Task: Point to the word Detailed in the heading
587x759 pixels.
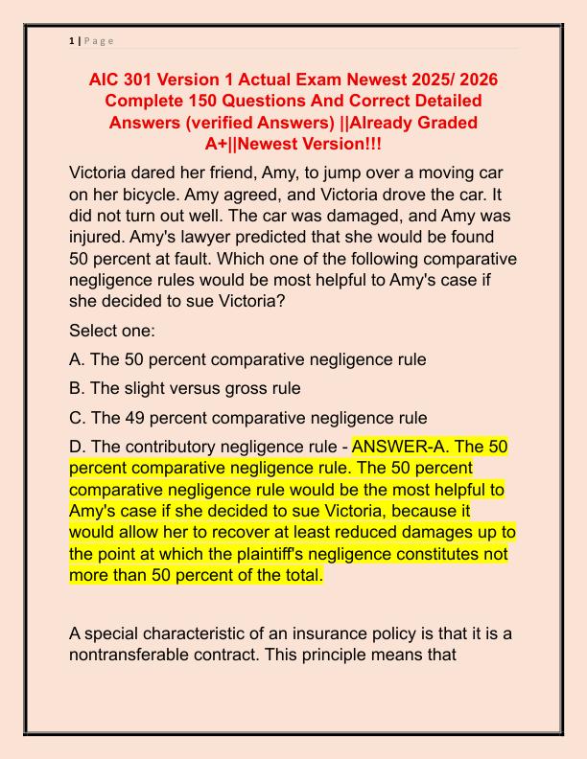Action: pyautogui.click(x=439, y=100)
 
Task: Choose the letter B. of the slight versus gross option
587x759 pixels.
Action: pyautogui.click(x=78, y=388)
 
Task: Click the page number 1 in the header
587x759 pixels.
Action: pyautogui.click(x=72, y=40)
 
